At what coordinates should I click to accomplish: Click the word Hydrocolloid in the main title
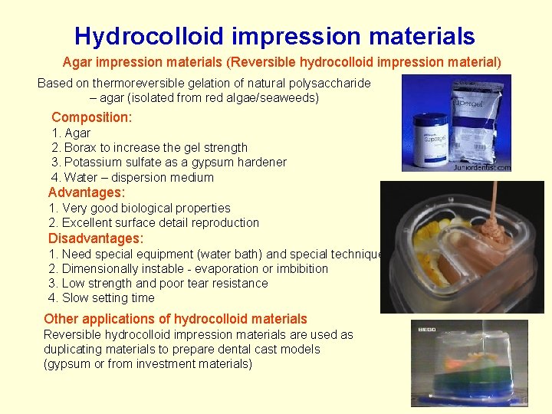141,36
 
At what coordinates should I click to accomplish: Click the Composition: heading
91,117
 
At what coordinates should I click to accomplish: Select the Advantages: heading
87,192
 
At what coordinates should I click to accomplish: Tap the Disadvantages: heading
96,238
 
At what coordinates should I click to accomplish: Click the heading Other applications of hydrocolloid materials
176,319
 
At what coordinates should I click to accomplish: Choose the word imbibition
299,268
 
